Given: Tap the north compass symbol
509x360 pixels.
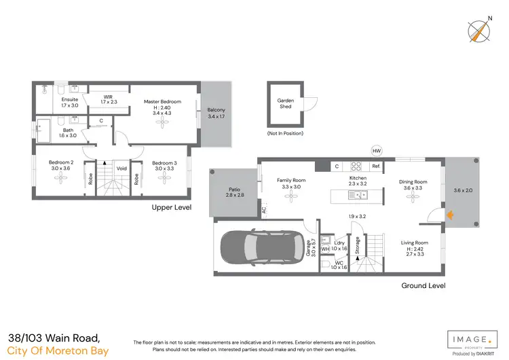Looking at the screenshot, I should point(478,31).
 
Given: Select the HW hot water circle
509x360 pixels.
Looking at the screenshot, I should point(376,151).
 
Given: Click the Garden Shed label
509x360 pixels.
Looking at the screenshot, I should point(284,103).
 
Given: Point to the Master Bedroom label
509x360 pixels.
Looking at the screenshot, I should point(162,102).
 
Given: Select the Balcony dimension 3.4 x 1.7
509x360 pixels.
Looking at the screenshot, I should point(216,117).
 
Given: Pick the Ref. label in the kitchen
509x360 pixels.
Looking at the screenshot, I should point(375,166).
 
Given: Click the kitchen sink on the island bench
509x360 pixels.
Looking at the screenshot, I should point(356,196).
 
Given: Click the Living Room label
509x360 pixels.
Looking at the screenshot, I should point(413,242).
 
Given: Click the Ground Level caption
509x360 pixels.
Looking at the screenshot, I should point(423,286).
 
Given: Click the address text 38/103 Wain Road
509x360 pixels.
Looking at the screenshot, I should point(55,338).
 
